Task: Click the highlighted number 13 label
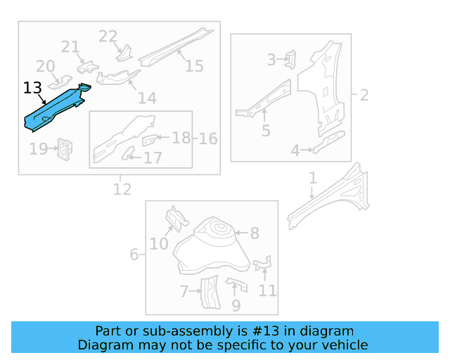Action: [32, 88]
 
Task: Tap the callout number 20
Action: [46, 66]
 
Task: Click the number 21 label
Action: [70, 47]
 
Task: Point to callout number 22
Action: [108, 36]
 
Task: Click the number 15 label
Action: [194, 66]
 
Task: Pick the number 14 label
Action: [147, 98]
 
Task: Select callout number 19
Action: [38, 148]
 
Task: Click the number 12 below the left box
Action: [122, 188]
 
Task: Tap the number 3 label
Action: [271, 60]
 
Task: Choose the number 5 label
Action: [266, 130]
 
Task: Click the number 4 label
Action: [296, 149]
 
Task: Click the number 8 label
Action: [255, 233]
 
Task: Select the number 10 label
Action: [159, 243]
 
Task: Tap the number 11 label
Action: [267, 290]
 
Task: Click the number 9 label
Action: [236, 305]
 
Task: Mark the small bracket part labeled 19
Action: [65, 148]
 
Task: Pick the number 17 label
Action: [153, 157]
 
